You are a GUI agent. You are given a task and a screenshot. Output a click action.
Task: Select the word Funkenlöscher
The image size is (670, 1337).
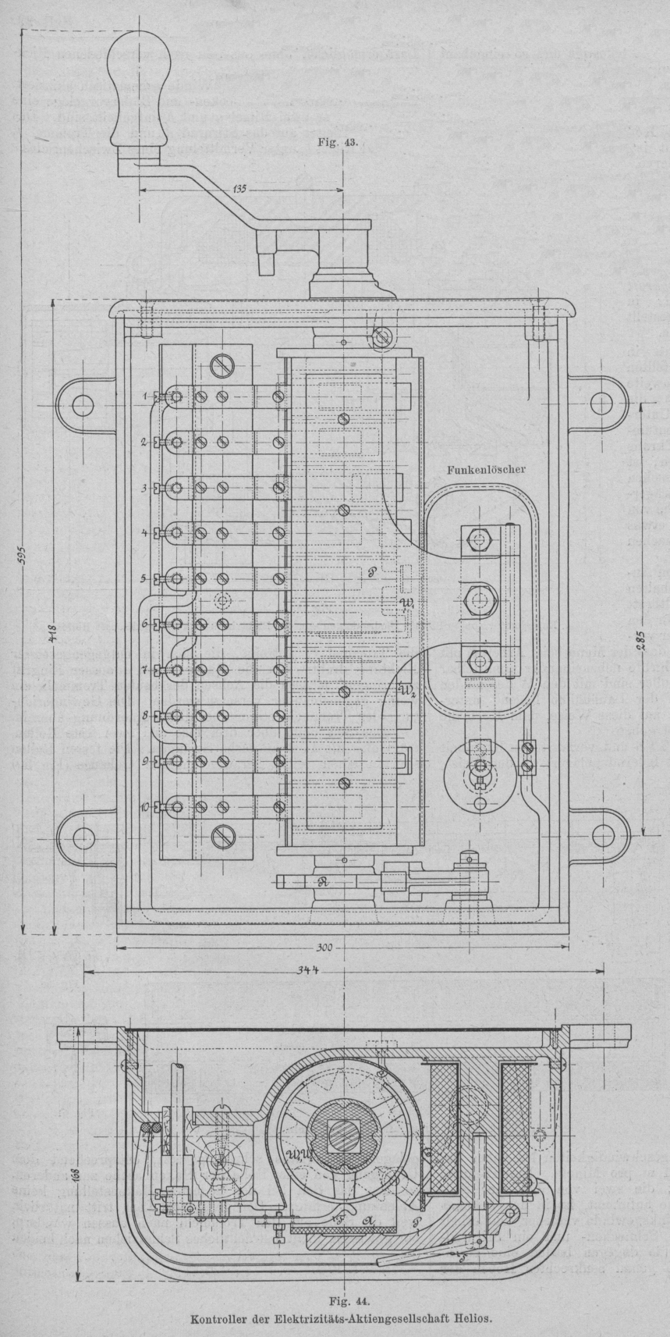(x=480, y=470)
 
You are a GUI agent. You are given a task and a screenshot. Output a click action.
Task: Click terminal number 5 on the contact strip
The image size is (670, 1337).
(x=144, y=578)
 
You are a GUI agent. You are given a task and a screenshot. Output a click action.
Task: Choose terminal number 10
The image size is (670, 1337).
(x=145, y=808)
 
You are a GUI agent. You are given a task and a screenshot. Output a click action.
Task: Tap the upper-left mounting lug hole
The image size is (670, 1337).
(x=81, y=403)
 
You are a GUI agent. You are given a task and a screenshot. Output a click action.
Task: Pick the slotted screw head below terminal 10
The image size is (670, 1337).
(x=222, y=837)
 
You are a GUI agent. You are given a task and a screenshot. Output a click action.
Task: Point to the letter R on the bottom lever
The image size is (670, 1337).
(x=322, y=881)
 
